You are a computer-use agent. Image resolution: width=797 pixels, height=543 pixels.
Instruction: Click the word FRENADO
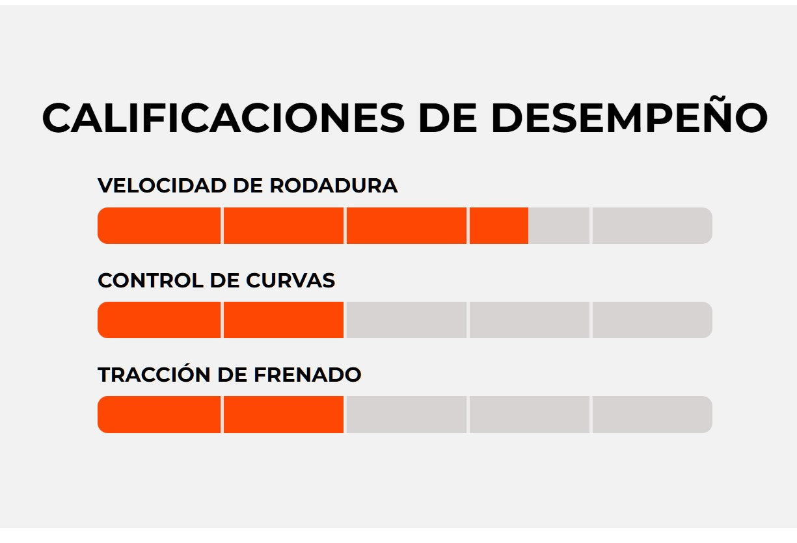pos(307,375)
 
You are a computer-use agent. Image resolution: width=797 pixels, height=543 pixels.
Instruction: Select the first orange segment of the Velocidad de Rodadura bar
pos(159,226)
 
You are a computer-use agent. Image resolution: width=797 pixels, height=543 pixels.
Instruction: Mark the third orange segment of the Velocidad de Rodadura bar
pos(406,226)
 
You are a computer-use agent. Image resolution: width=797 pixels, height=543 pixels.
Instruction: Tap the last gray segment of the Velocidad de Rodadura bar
pos(652,226)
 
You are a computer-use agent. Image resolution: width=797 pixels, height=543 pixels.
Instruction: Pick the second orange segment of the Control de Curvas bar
pos(283,320)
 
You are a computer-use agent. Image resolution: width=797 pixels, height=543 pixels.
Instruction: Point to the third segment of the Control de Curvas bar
pos(406,320)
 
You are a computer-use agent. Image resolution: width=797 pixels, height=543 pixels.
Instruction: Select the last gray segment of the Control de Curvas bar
pos(652,320)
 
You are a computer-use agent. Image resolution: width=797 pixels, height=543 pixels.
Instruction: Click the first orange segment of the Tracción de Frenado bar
pos(159,414)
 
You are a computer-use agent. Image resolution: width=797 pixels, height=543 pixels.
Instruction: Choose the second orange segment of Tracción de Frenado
pos(283,414)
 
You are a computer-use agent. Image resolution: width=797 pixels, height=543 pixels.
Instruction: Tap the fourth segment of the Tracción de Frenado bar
pos(529,414)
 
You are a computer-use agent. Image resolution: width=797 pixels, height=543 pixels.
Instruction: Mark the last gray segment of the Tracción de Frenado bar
pos(652,414)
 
